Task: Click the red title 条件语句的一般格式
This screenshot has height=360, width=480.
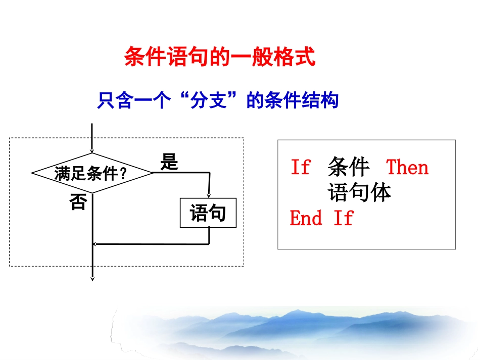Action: click(x=220, y=57)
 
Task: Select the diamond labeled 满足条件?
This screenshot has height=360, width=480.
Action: click(x=92, y=173)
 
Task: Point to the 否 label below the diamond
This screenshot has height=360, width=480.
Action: click(x=78, y=202)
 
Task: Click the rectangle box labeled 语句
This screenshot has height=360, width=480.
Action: click(x=208, y=214)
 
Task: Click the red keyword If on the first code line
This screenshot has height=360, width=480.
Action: click(x=300, y=167)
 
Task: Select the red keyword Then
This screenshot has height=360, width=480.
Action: click(x=407, y=167)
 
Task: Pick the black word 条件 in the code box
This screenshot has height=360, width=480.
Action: click(x=349, y=167)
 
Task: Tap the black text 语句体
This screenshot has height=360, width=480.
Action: click(x=360, y=192)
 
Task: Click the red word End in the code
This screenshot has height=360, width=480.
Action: click(x=306, y=218)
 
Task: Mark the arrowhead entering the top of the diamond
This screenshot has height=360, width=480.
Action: click(x=92, y=150)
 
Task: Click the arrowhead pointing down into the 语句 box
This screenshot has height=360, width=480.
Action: click(x=209, y=196)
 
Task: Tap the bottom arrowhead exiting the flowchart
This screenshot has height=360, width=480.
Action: click(x=92, y=277)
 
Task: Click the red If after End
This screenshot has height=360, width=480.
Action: click(x=343, y=218)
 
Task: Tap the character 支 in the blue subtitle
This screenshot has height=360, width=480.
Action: click(x=218, y=101)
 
